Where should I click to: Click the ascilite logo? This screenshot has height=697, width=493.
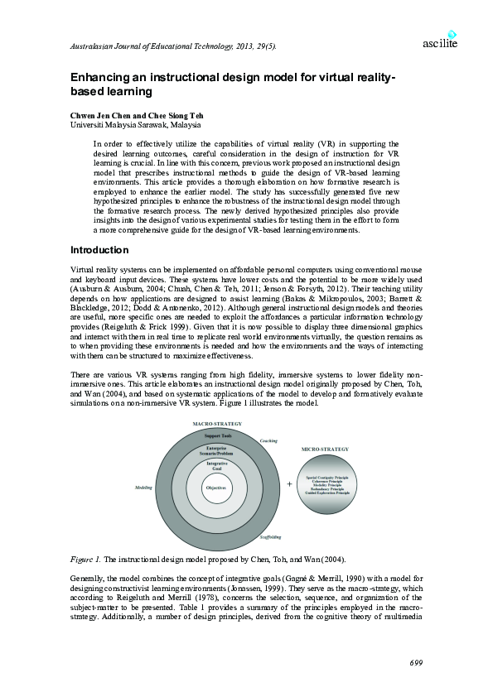tap(440, 41)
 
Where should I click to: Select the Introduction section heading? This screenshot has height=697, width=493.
tap(99, 250)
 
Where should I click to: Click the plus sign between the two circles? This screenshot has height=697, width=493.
tap(290, 484)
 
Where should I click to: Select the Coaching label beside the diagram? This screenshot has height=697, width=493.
tap(268, 440)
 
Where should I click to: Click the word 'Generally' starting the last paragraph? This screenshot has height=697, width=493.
tap(88, 576)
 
